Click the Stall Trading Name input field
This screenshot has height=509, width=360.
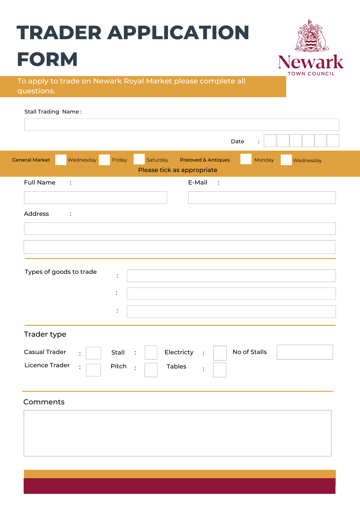point(182,125)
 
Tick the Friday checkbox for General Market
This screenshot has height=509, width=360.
point(104,160)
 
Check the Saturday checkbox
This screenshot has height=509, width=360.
point(139,159)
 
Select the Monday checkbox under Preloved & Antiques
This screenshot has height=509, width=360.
point(246,159)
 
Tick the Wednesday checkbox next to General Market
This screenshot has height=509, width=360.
point(61,160)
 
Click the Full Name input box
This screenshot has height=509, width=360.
point(95,197)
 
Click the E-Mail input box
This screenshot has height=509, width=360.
point(262,197)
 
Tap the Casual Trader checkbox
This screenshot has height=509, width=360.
point(93,353)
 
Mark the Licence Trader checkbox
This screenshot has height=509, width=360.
point(93,370)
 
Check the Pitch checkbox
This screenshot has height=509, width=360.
point(151,370)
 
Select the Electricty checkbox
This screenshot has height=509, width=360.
point(220,353)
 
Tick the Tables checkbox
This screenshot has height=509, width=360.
point(220,370)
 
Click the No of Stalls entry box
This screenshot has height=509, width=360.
point(305,352)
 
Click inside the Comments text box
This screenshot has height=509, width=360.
point(177,433)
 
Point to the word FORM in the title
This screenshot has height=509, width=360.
point(47,59)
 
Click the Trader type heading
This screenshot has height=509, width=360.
point(45,334)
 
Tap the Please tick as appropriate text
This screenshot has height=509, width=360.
point(178,170)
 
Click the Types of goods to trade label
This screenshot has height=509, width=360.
point(61,272)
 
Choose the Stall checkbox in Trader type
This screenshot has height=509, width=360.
point(151,352)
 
